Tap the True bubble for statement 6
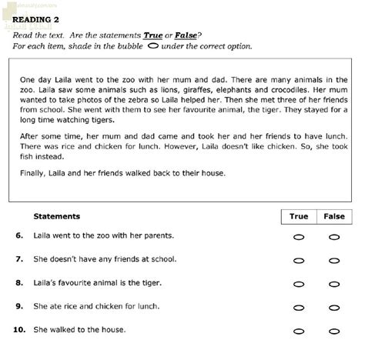(x=299, y=237)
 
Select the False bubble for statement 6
(x=334, y=237)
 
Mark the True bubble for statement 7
(x=299, y=261)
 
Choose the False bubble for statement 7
(x=334, y=261)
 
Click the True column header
(x=299, y=217)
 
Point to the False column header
(x=334, y=217)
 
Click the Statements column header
(x=57, y=217)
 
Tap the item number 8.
(x=19, y=283)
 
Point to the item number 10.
(x=18, y=330)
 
